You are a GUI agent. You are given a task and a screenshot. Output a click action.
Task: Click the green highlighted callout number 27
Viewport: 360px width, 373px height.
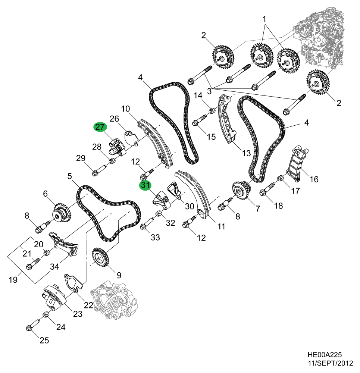pyautogui.click(x=100, y=127)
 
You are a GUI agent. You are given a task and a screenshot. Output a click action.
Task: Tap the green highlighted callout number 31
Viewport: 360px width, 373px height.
pyautogui.click(x=145, y=185)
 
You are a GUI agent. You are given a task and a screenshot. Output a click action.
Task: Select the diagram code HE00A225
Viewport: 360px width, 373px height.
pyautogui.click(x=325, y=355)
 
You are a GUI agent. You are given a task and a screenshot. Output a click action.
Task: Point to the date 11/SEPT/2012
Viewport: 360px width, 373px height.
pyautogui.click(x=330, y=363)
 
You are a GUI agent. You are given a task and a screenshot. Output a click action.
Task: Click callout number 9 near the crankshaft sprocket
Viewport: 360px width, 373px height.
pyautogui.click(x=119, y=275)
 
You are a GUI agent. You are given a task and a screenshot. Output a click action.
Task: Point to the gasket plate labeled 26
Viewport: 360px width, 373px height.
pyautogui.click(x=131, y=137)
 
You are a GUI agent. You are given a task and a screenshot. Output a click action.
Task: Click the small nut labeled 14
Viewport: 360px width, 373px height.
pyautogui.click(x=212, y=110)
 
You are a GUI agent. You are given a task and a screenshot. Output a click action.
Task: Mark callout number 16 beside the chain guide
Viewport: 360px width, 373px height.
pyautogui.click(x=314, y=179)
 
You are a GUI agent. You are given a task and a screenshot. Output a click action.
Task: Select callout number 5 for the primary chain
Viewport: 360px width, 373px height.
pyautogui.click(x=69, y=176)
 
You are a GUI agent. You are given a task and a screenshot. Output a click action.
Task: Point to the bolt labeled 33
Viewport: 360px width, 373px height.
pyautogui.click(x=148, y=223)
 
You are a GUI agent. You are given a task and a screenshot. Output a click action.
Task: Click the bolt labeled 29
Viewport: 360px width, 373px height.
pyautogui.click(x=100, y=170)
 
